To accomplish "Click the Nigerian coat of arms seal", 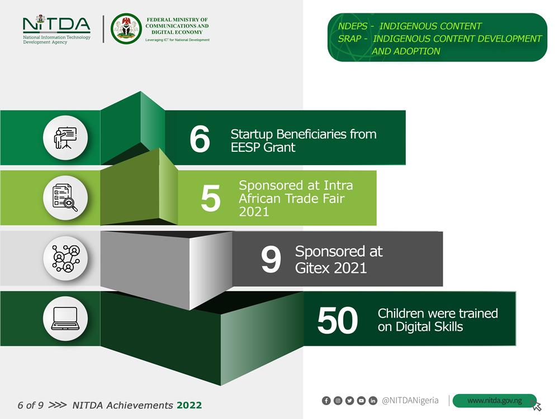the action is click(x=126, y=28).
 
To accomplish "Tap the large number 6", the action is click(x=200, y=139).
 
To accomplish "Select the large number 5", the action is click(x=210, y=198).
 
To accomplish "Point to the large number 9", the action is click(x=271, y=259).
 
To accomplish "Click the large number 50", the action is click(x=337, y=320).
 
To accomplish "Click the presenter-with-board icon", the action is click(x=65, y=138).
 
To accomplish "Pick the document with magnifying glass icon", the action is click(x=65, y=198).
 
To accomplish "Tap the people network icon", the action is click(x=65, y=258).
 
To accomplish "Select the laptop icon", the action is click(x=65, y=319).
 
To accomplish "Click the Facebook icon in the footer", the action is click(x=326, y=401).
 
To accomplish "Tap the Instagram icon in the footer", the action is click(x=338, y=401).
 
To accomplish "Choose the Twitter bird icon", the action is click(x=349, y=401).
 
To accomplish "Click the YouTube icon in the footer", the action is click(x=361, y=401).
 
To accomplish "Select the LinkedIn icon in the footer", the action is click(x=372, y=401).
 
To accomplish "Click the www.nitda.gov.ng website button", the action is click(x=495, y=401).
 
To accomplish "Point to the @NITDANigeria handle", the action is click(x=410, y=401).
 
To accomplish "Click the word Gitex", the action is click(x=312, y=268).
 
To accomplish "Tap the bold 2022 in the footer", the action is click(x=190, y=405).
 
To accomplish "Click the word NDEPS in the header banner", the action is click(x=353, y=26).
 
